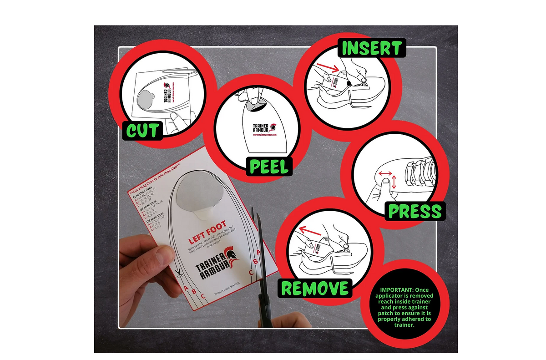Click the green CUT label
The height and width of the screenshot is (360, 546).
(143, 130)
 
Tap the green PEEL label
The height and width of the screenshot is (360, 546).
(269, 167)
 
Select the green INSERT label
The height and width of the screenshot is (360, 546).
(371, 48)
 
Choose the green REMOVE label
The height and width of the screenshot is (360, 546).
(314, 288)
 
